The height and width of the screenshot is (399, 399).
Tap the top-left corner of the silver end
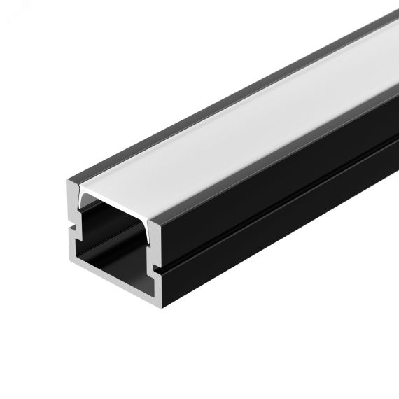click(69, 184)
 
